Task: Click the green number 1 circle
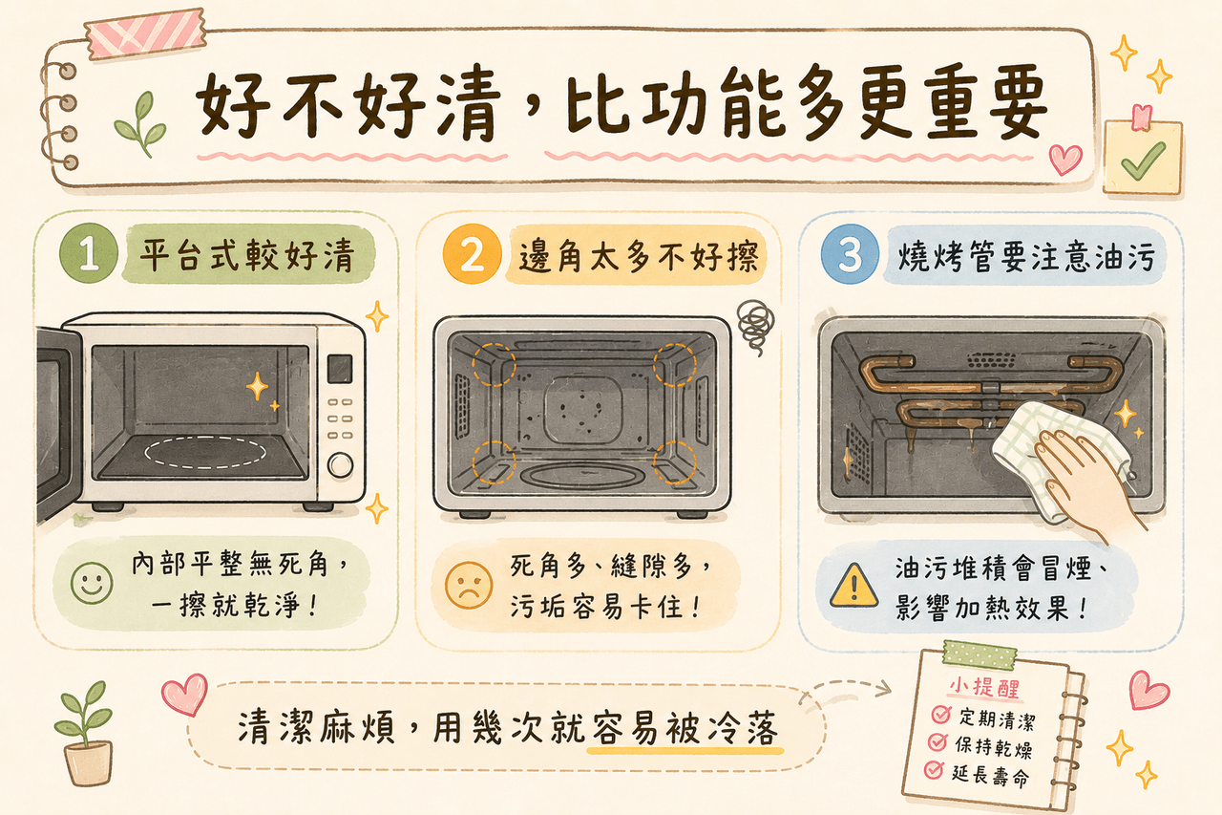(89, 253)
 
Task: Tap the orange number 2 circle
(472, 254)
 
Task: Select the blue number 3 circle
(850, 253)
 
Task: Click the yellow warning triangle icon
(853, 587)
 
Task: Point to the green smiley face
(92, 583)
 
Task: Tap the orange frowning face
(468, 585)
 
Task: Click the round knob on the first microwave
(341, 464)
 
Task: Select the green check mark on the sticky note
(1143, 161)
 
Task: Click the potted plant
(86, 732)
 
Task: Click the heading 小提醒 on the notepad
(984, 688)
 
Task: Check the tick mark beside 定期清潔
(940, 714)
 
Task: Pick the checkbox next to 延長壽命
(934, 770)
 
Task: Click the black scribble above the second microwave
(755, 327)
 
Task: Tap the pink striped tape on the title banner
(146, 33)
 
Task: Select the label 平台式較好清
(246, 255)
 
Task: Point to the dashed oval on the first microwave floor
(205, 453)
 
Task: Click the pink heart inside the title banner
(1065, 159)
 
